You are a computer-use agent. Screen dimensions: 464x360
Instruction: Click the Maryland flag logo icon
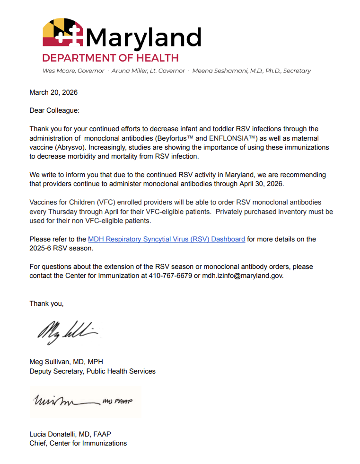tap(63, 33)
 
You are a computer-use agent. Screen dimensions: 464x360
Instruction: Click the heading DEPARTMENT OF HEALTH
tap(110, 58)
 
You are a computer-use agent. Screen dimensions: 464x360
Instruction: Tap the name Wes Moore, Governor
tap(73, 71)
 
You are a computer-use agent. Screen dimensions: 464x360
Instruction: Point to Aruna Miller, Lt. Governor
tap(148, 71)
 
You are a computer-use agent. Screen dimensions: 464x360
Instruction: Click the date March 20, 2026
tap(53, 92)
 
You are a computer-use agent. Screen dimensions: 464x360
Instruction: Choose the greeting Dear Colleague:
tap(54, 110)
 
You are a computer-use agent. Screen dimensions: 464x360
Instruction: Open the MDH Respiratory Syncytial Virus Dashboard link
tap(167, 239)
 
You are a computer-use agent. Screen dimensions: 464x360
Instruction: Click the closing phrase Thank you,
tap(46, 303)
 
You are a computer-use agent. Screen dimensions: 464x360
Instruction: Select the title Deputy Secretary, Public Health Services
tap(92, 371)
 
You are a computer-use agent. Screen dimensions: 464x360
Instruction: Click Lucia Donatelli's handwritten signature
tap(83, 402)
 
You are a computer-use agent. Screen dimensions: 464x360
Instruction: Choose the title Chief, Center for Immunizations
tap(78, 443)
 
